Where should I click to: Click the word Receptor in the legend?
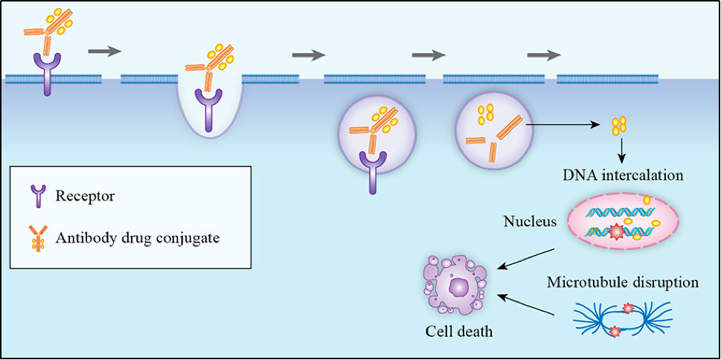point(85,196)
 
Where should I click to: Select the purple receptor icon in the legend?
point(37,197)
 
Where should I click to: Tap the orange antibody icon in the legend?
point(37,238)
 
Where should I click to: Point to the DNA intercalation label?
point(624,177)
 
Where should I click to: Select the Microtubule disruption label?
point(622,283)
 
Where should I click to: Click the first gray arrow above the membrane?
point(103,52)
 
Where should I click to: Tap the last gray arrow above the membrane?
point(543,55)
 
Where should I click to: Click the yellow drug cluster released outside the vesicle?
point(619,125)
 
